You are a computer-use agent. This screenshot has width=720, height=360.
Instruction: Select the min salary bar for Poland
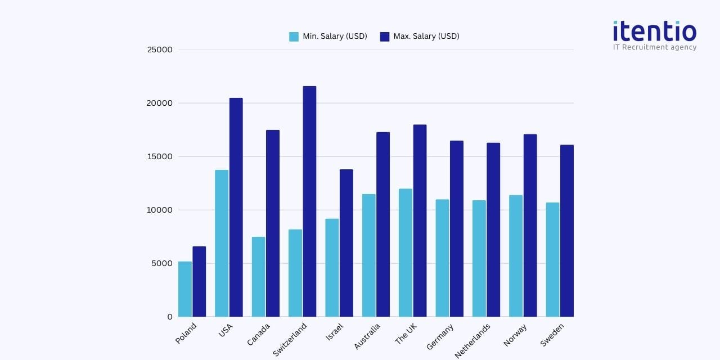click(185, 289)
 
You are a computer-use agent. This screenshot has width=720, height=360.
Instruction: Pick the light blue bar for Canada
click(258, 277)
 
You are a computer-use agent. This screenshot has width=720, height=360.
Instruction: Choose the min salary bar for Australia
click(368, 255)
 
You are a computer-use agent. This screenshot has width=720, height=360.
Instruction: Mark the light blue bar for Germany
click(442, 258)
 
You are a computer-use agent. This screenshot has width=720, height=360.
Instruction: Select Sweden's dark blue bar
click(566, 231)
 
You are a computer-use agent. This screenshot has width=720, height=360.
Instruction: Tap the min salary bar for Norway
click(516, 256)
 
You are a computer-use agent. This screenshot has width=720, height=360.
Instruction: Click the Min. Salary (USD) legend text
click(335, 37)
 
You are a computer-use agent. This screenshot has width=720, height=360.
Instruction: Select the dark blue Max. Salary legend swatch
click(385, 37)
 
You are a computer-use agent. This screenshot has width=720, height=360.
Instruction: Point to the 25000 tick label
click(160, 49)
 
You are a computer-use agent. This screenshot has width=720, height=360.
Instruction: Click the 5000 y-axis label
click(162, 263)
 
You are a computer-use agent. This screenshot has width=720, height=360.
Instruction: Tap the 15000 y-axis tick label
click(160, 156)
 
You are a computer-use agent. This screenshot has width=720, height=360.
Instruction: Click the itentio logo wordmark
click(655, 31)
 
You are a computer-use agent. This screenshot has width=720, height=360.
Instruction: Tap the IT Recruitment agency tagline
click(655, 47)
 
